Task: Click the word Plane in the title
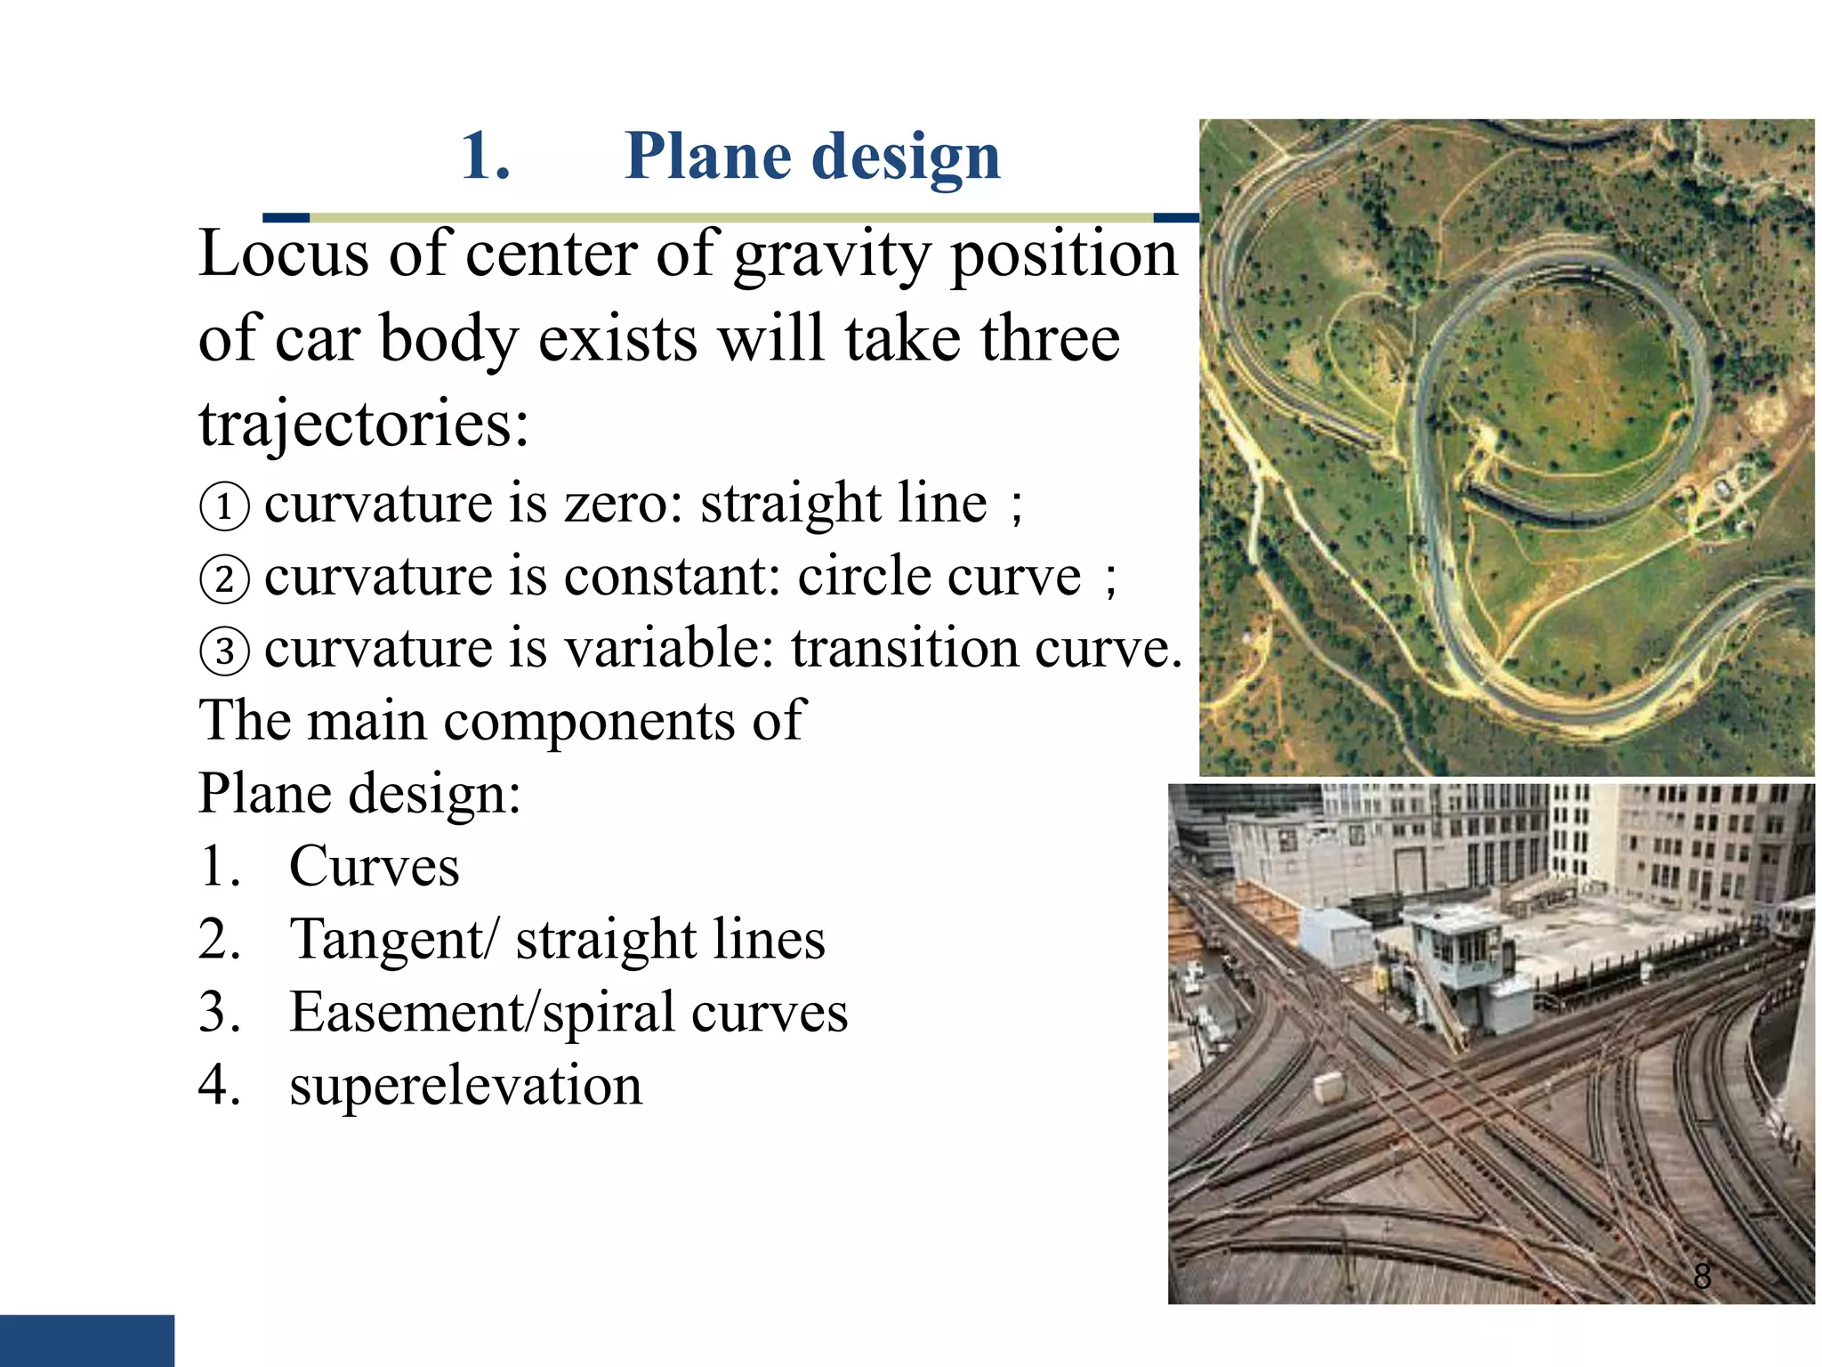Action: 707,156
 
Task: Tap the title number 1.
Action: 485,156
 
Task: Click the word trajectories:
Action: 363,424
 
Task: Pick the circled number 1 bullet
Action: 224,506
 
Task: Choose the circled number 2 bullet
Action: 224,578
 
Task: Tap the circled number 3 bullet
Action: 224,651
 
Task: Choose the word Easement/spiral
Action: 481,1014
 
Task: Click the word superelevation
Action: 465,1085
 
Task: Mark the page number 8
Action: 1702,1276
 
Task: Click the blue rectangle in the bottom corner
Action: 86,1340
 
